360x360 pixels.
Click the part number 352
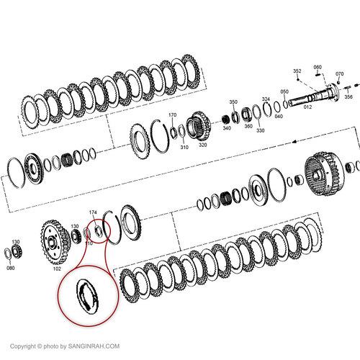[297, 71]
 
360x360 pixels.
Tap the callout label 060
[318, 67]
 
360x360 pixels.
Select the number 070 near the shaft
[340, 73]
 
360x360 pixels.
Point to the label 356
[348, 96]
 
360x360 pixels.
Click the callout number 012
[307, 107]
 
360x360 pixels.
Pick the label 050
[284, 91]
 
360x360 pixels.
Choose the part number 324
[266, 99]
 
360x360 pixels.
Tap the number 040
[279, 116]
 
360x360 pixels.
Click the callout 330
[260, 130]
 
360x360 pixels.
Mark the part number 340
[226, 128]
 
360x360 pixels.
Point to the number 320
[203, 144]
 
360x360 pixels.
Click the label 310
[184, 148]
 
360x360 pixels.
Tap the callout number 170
[172, 115]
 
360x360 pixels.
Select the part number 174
[92, 212]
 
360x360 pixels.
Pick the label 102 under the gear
[57, 269]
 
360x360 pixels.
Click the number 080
[10, 269]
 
